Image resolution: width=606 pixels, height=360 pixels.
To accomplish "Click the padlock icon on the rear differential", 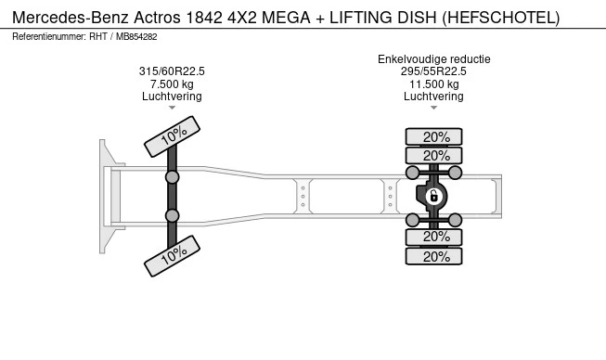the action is [x=433, y=196].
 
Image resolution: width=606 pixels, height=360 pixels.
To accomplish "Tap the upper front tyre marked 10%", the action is [x=172, y=136].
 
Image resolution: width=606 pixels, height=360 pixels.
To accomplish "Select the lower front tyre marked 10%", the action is [x=172, y=256].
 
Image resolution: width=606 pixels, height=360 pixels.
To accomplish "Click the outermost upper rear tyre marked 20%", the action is [x=433, y=136].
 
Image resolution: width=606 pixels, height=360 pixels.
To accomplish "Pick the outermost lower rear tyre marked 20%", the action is [x=433, y=256].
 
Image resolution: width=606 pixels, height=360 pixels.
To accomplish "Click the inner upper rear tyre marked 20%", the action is [x=433, y=156].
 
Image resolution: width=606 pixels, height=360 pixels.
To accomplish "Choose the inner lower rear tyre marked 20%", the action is [x=433, y=237].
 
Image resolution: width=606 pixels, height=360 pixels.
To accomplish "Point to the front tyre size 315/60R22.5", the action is [x=172, y=71].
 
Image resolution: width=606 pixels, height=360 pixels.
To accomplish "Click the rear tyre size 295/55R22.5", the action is [x=433, y=71].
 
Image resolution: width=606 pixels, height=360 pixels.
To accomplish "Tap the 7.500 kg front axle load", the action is [x=172, y=84].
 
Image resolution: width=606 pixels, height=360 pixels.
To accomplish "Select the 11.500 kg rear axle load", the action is [x=434, y=84].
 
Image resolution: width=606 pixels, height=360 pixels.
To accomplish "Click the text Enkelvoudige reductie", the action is [x=434, y=59].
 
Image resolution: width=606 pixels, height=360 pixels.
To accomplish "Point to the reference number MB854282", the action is [x=136, y=37].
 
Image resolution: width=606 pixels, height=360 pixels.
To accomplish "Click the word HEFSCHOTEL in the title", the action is [x=501, y=18].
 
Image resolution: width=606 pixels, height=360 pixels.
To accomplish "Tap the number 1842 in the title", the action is [x=204, y=18].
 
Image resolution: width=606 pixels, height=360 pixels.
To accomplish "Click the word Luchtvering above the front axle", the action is [x=172, y=96].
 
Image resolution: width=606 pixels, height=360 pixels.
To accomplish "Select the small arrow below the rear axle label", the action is [x=433, y=108].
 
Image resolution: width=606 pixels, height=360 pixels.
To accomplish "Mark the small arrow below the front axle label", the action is [x=172, y=108].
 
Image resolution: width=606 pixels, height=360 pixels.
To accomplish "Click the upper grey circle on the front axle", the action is [x=172, y=177].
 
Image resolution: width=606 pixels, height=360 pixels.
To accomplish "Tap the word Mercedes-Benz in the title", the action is [x=71, y=18].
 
